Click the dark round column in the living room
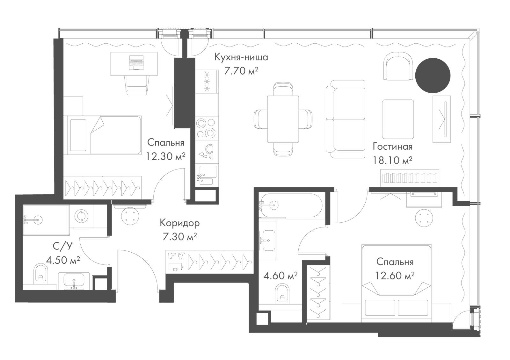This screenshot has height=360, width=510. pos(433,75)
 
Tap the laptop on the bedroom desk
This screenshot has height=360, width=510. pos(136,62)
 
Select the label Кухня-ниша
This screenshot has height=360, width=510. pos(241,57)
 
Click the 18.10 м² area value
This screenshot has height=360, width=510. pos(392,160)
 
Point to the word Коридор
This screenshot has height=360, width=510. pos(180,223)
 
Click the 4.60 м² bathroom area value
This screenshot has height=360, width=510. pos(280,276)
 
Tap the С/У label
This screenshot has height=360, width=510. pos(62,246)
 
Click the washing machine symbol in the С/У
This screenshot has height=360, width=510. pos(81,216)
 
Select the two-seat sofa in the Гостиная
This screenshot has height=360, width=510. pos(346,119)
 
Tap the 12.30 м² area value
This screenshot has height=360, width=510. pos(165,156)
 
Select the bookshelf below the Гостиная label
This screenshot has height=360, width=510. pos(410,178)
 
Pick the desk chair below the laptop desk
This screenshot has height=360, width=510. pos(137,85)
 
